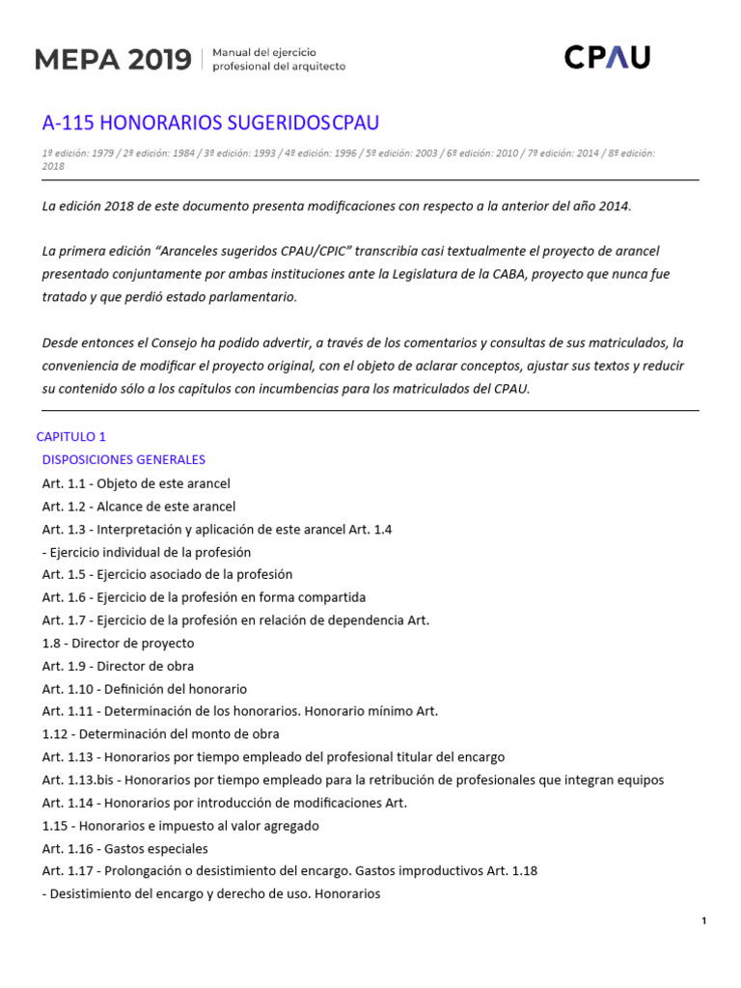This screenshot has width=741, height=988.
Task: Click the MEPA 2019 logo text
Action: point(113,59)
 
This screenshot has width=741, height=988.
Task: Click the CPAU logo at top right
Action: point(607,58)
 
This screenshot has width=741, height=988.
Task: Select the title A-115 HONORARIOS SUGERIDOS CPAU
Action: point(210,123)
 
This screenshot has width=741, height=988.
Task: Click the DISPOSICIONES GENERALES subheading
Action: point(123,459)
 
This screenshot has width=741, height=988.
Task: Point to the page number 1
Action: point(704,921)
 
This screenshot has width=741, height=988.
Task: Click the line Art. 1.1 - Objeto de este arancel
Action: point(136,483)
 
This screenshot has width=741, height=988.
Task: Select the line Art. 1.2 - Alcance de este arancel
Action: point(139,506)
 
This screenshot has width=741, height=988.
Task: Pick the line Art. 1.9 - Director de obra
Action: point(118,666)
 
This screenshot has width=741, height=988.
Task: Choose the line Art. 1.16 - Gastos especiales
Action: point(125,848)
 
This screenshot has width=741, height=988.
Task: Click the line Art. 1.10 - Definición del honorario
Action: point(145,689)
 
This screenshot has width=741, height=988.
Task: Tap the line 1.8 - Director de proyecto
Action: point(118,643)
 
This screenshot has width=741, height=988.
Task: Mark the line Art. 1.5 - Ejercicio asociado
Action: point(167,574)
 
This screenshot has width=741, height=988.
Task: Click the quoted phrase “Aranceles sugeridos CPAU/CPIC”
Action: point(262,251)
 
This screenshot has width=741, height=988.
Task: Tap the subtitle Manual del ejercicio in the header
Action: point(263,51)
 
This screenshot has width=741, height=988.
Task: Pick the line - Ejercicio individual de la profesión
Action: point(147,552)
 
